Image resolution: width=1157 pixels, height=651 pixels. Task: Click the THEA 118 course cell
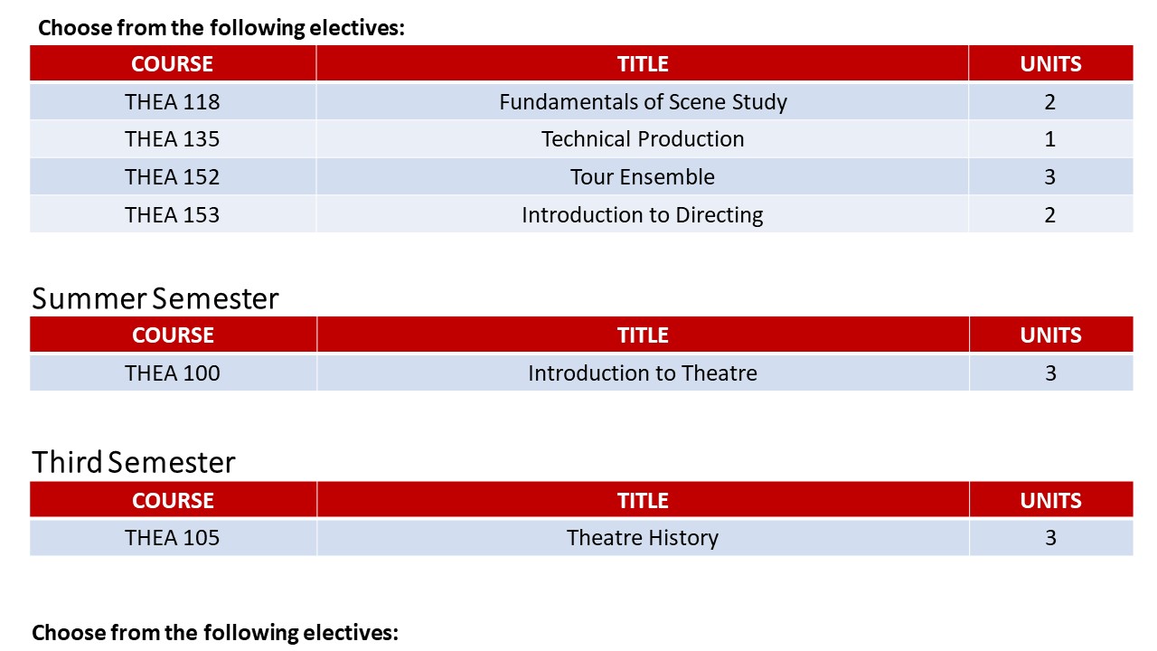[x=172, y=102]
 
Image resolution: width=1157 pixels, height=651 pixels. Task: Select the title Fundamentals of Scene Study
[x=643, y=102]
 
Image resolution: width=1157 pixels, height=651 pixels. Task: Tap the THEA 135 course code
[x=172, y=139]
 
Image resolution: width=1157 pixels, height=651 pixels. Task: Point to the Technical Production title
[x=643, y=139]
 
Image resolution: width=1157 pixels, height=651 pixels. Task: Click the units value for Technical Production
[x=1050, y=139]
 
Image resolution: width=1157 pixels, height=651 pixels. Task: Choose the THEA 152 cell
[x=172, y=177]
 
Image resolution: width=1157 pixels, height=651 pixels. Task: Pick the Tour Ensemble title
[x=643, y=177]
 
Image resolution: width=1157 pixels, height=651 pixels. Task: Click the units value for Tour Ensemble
[x=1050, y=177]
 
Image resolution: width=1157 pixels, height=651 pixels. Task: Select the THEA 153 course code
[x=172, y=215]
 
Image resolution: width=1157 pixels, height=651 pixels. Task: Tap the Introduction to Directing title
[x=643, y=215]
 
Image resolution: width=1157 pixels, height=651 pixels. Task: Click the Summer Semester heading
[x=155, y=298]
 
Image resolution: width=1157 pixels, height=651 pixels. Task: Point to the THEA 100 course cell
[x=173, y=373]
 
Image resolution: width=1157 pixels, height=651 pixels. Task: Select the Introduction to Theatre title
[x=643, y=373]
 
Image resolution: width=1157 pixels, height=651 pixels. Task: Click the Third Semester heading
[x=133, y=462]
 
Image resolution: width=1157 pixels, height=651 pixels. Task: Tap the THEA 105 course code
[x=172, y=538]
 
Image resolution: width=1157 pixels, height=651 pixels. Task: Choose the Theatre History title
[x=643, y=538]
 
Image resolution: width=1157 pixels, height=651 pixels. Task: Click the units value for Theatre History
[x=1050, y=538]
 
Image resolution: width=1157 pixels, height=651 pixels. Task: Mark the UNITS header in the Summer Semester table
[x=1050, y=335]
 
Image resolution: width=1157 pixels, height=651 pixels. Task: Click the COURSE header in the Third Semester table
[x=173, y=501]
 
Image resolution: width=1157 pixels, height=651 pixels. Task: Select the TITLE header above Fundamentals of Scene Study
[x=643, y=64]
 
